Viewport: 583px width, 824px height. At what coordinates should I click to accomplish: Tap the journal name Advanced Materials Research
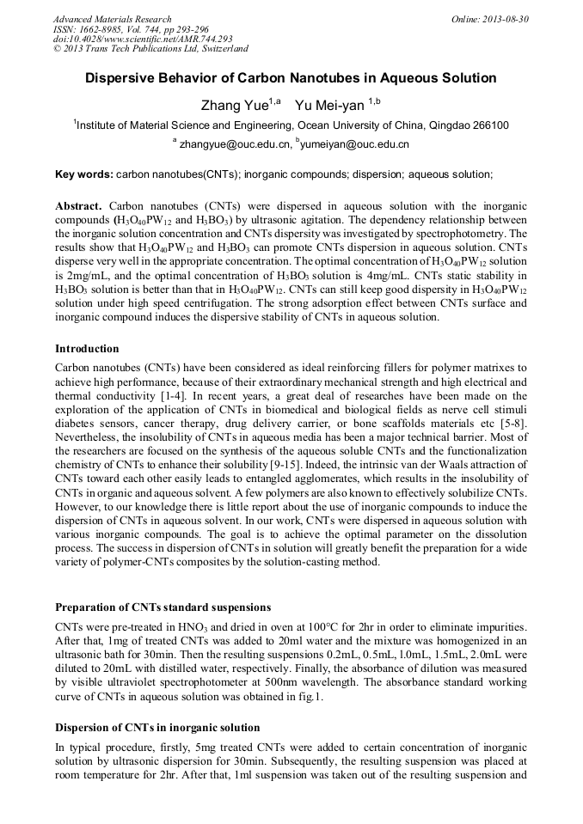[x=113, y=19]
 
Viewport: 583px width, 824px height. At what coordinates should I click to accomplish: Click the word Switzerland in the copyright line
[x=218, y=49]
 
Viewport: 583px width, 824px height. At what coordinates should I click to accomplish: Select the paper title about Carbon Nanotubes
[x=291, y=78]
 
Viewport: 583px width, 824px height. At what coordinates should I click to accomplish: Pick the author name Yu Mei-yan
[x=330, y=106]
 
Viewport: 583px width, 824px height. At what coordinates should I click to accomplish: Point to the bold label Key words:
[x=83, y=174]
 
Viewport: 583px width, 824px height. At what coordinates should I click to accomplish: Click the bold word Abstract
[x=78, y=207]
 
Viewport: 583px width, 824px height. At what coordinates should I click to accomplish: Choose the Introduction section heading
[x=87, y=349]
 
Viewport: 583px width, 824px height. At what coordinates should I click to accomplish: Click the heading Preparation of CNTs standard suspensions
[x=163, y=607]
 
